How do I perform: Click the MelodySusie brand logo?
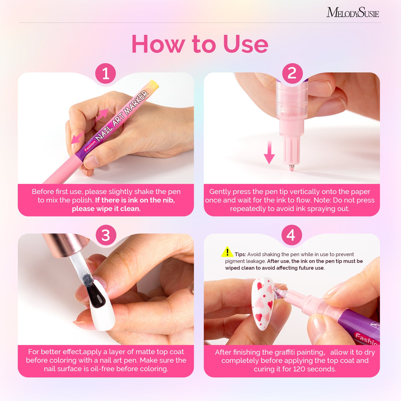point(352,13)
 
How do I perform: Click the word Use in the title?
point(245,44)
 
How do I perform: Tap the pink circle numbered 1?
point(106,74)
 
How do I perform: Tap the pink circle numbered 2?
point(292,73)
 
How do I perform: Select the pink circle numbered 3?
point(106,235)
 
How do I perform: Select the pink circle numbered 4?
point(291,235)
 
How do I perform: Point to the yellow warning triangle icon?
point(227,252)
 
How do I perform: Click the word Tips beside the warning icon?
point(240,254)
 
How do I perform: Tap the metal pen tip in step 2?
point(291,167)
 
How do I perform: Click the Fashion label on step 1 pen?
point(90,146)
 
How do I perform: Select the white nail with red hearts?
point(263,303)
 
